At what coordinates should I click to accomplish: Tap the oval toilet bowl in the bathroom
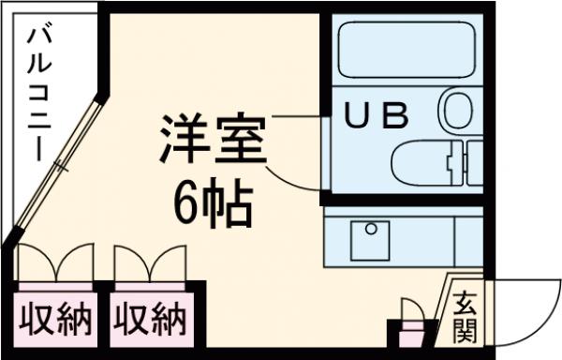tap(458, 111)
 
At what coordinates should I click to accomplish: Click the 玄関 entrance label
tap(466, 316)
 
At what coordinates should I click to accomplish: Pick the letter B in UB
tap(395, 115)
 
